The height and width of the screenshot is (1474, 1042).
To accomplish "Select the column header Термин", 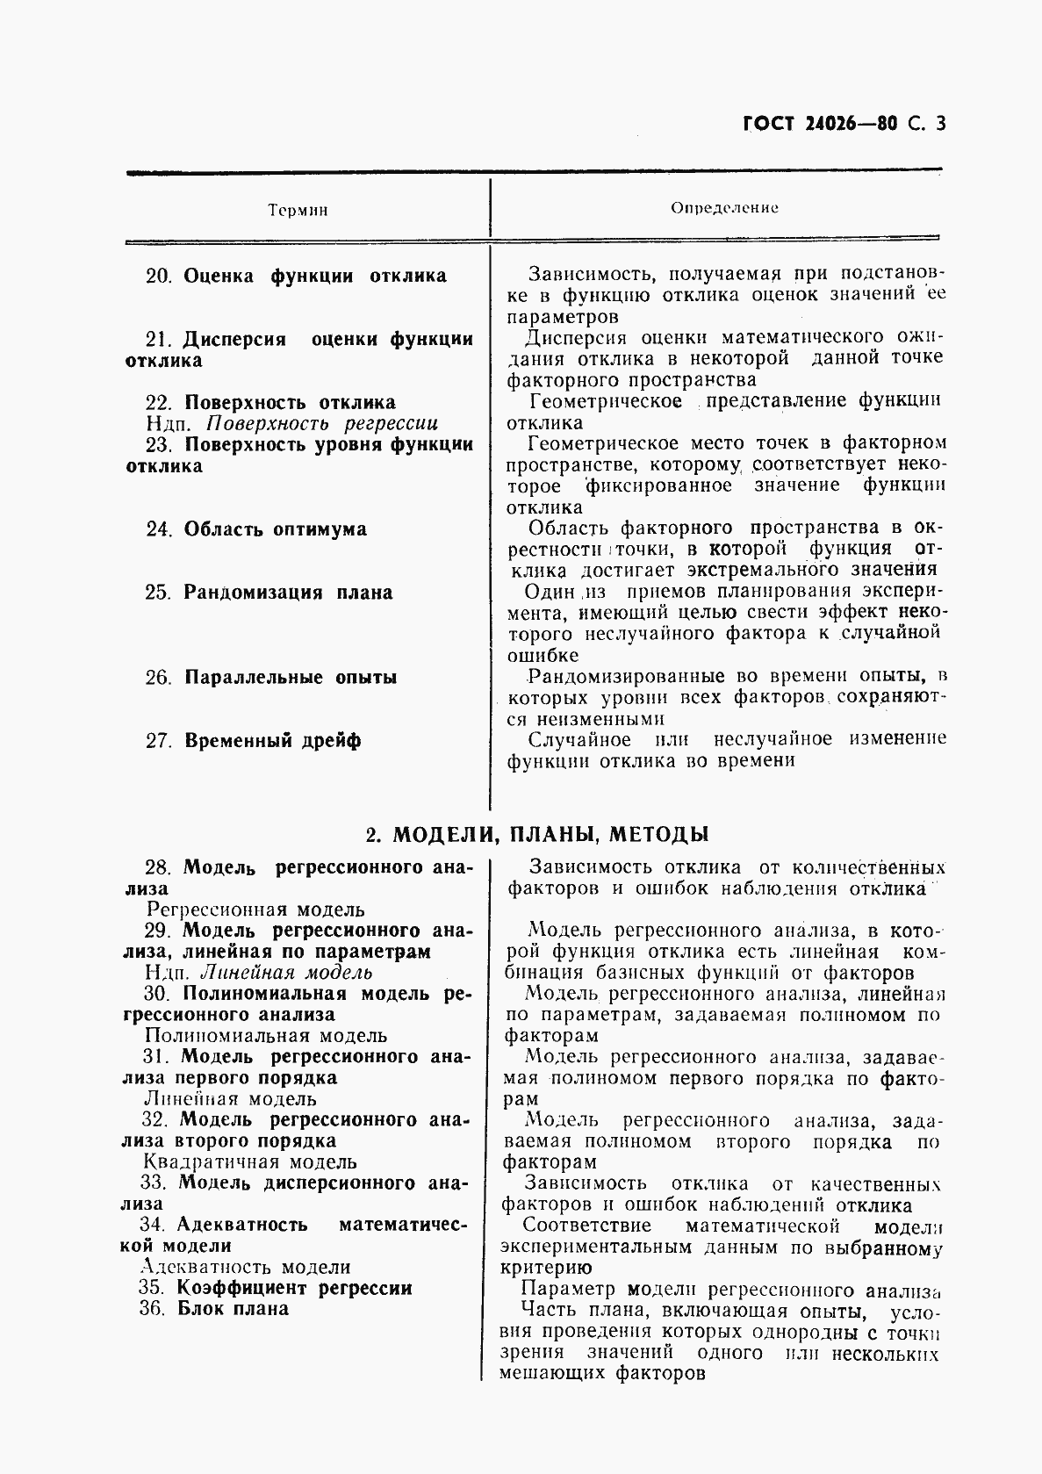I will tap(298, 211).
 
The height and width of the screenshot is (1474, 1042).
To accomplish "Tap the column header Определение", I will tap(724, 208).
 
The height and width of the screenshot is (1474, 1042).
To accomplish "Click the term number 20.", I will tap(159, 276).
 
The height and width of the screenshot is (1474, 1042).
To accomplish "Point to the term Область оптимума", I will tap(275, 529).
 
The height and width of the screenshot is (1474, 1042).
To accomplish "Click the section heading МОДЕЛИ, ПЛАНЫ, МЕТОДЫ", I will tap(551, 833).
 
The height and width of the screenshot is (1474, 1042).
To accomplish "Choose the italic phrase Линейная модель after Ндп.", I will tap(286, 973).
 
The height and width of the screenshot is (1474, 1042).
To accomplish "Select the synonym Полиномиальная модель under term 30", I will tap(265, 1036).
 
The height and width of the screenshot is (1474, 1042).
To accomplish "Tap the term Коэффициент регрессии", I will tap(294, 1288).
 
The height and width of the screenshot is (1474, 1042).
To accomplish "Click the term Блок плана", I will tap(233, 1309).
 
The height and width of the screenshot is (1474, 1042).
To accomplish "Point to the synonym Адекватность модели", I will tap(246, 1267).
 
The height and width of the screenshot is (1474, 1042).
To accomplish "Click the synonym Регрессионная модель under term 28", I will tap(255, 910).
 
